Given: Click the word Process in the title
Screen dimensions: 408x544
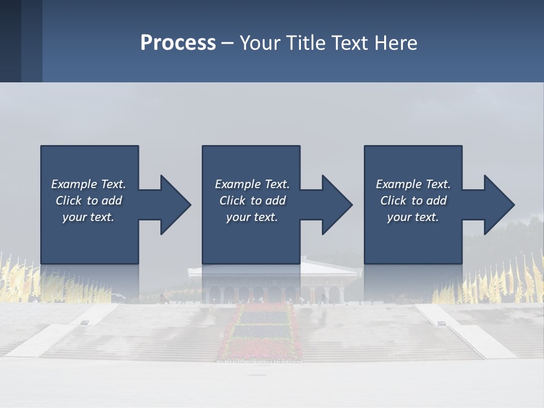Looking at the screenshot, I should point(178,43).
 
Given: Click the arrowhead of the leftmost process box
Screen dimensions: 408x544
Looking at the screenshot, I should point(176,205).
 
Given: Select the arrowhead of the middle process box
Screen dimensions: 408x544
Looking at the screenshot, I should point(337,205).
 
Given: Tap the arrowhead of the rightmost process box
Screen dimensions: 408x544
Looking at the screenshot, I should point(499,205).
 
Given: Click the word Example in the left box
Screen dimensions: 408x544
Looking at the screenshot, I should point(74,184).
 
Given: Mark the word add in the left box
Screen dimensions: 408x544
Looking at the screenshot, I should point(112,201).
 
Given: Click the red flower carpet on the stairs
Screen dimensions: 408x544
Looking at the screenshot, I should point(261,334).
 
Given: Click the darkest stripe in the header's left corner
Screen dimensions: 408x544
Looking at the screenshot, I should point(10,41).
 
